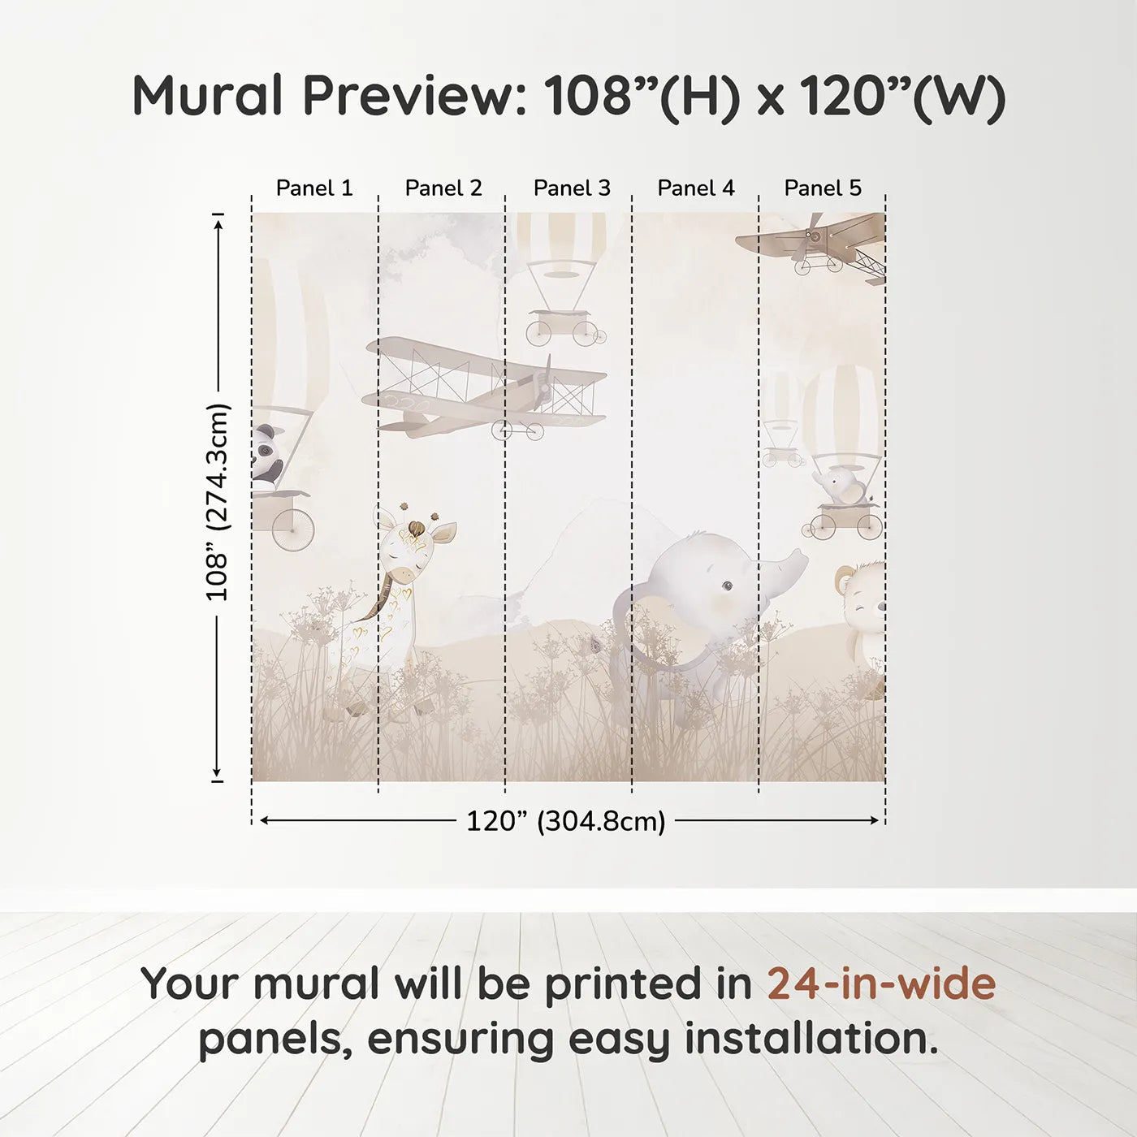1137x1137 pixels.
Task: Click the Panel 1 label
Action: pos(314,188)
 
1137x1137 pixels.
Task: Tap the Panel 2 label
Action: pos(443,188)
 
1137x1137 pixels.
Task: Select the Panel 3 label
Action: pos(572,188)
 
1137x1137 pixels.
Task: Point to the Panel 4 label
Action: pos(696,188)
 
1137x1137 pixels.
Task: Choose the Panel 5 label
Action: pos(823,188)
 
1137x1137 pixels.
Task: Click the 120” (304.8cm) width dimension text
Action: pos(566,821)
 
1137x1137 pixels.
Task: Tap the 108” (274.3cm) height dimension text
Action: pos(218,502)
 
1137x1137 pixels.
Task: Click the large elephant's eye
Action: pos(726,584)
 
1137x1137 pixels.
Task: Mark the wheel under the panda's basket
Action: pos(292,530)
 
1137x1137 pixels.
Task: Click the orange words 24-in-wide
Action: pos(881,984)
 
